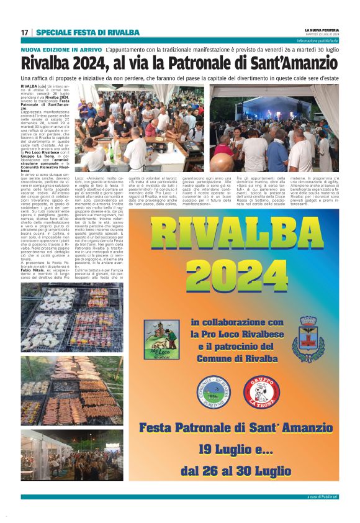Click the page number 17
click(24, 32)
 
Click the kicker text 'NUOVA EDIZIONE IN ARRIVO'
click(61, 49)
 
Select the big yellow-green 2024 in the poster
click(241, 273)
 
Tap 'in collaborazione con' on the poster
click(238, 322)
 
